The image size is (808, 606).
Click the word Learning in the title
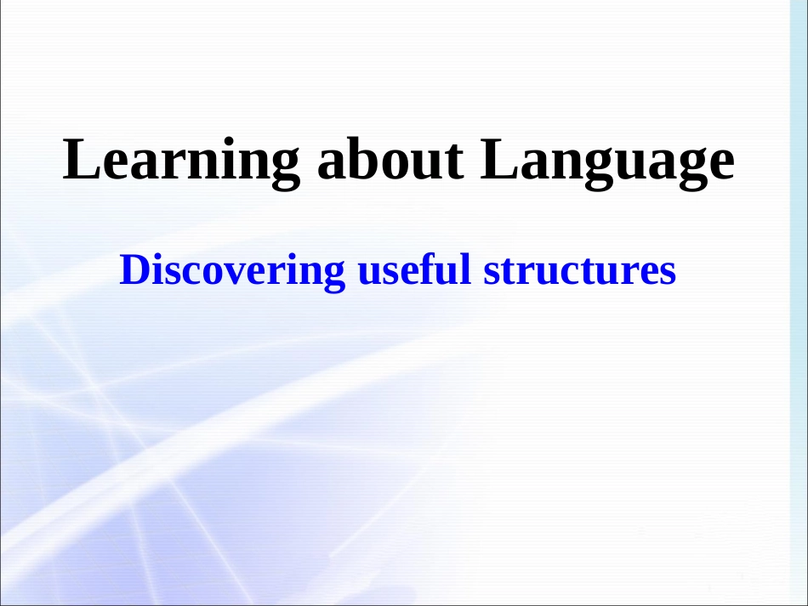pos(181,161)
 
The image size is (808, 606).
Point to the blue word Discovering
pos(232,270)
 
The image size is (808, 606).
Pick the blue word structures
pos(579,270)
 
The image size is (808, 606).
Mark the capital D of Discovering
pos(133,270)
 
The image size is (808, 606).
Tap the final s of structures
pos(669,273)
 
